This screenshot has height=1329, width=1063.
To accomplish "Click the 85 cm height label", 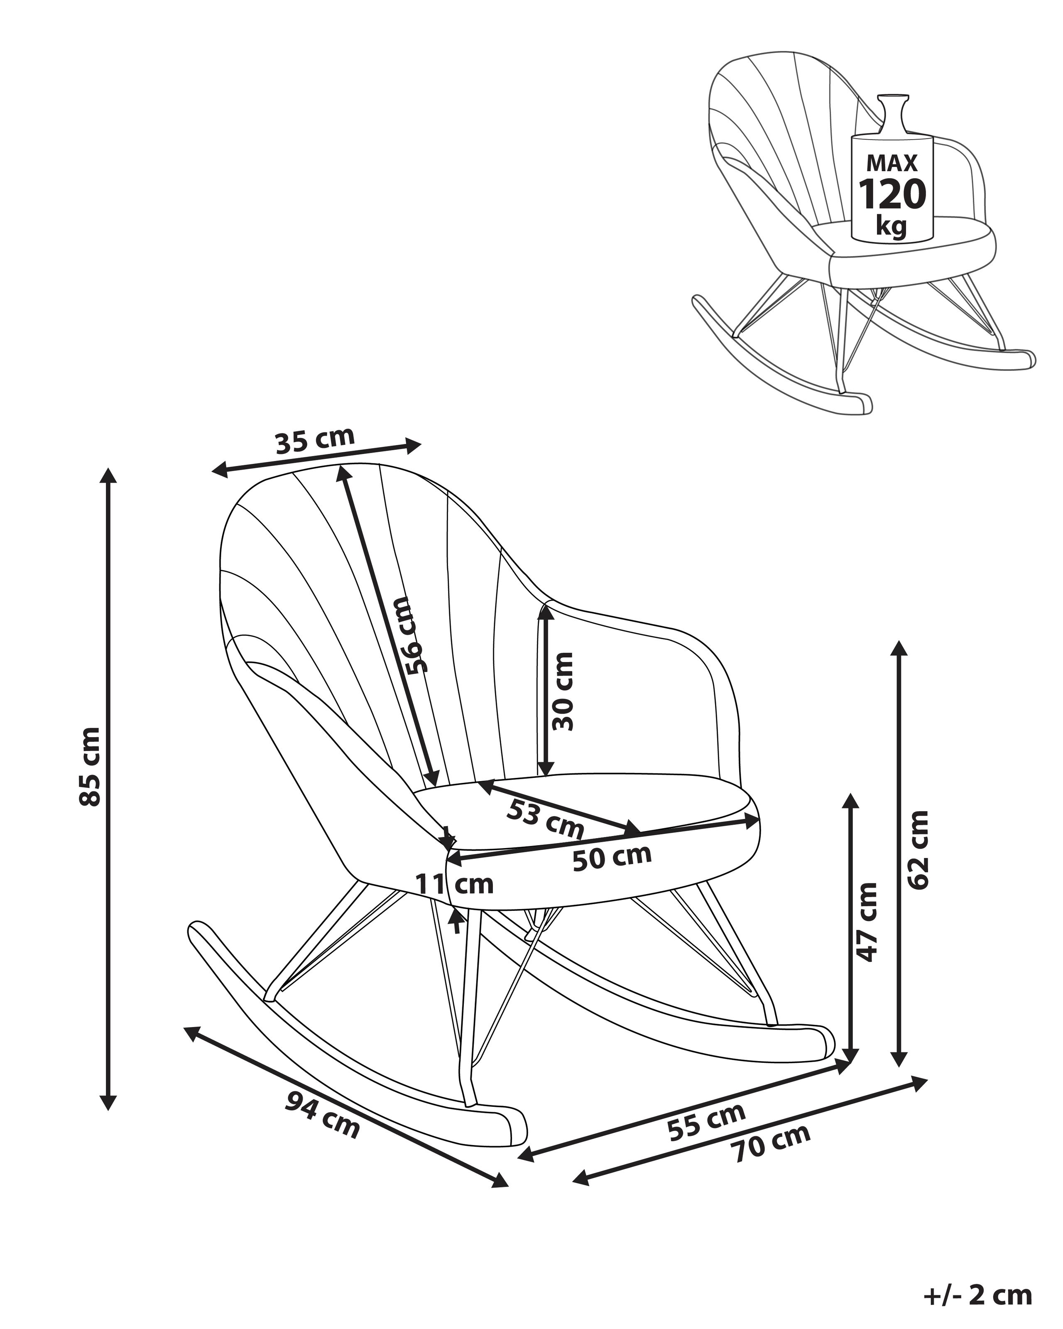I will [x=90, y=767].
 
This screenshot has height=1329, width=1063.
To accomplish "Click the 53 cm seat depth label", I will [x=545, y=820].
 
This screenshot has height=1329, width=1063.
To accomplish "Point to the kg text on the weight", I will [x=891, y=227].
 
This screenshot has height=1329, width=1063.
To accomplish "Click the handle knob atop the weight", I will [x=893, y=99].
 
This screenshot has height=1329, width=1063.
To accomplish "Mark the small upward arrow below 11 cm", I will [x=456, y=923].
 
